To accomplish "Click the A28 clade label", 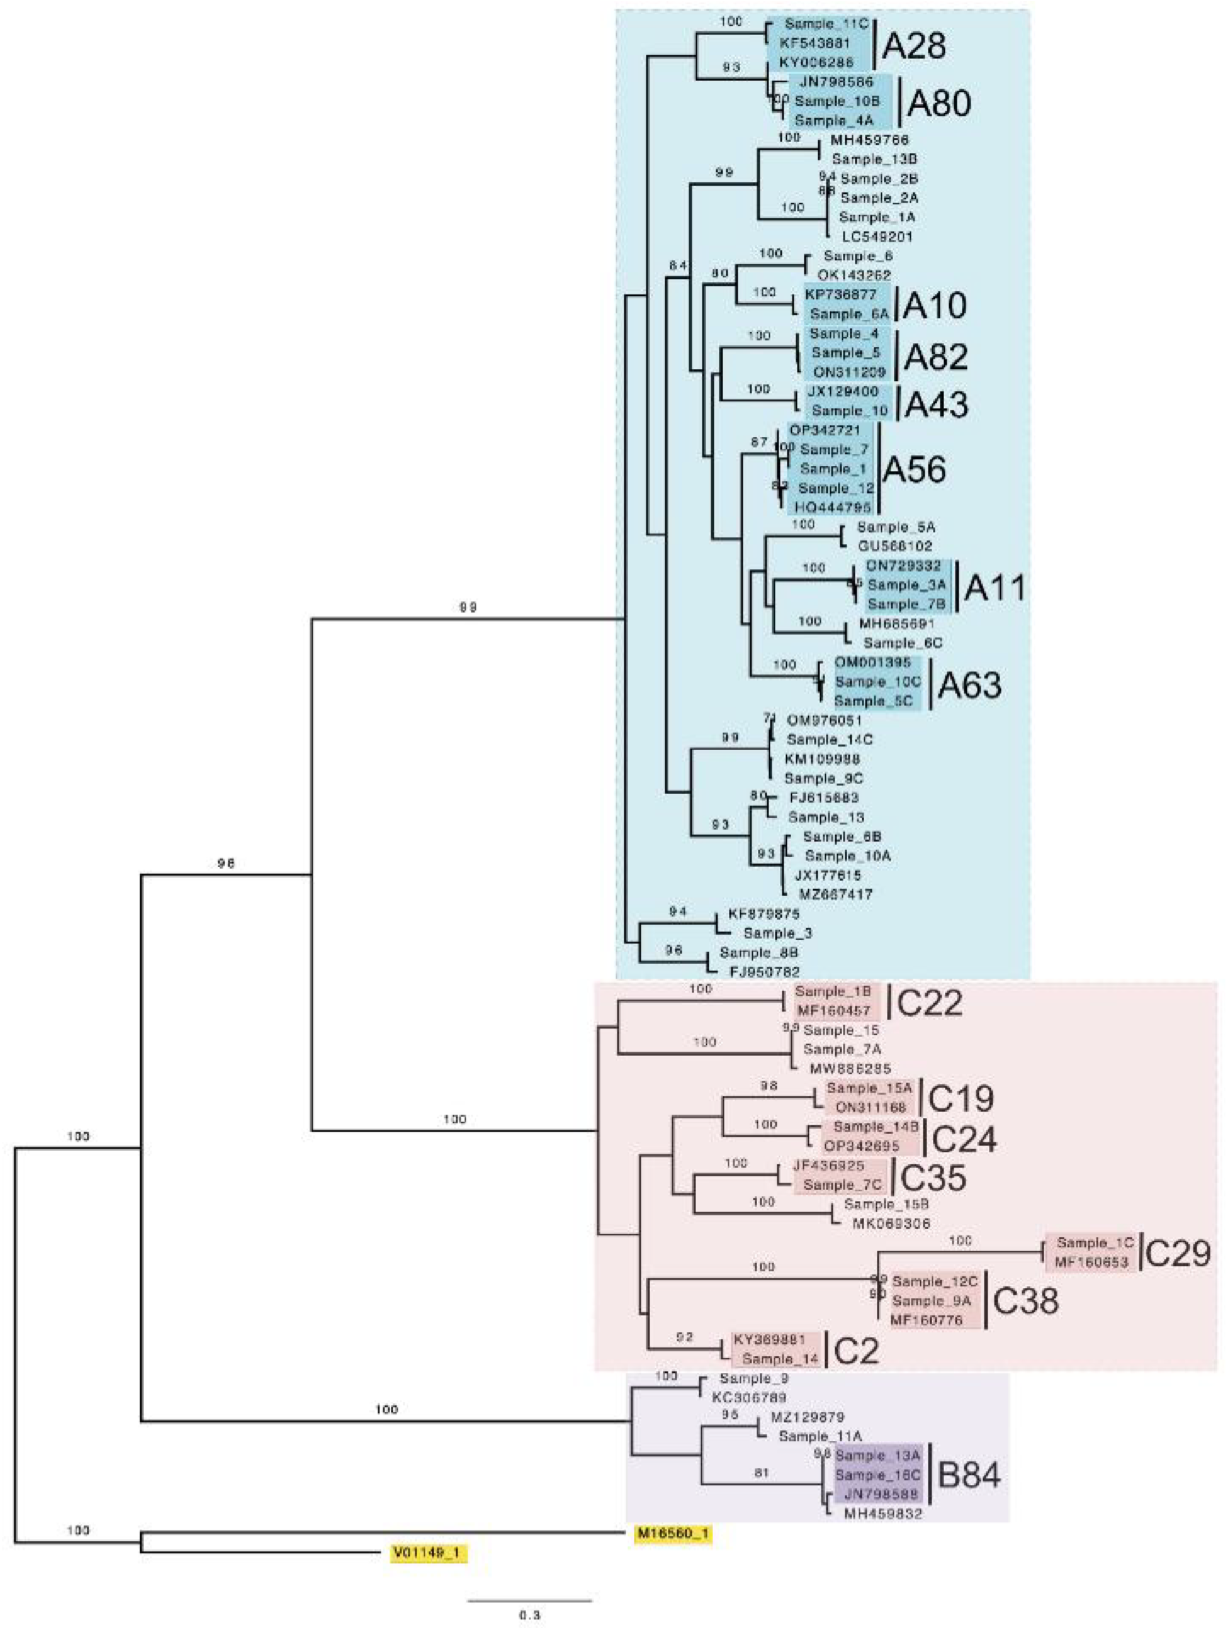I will pos(914,47).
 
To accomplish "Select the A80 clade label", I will pos(938,104).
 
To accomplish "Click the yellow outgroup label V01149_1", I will pos(428,1553).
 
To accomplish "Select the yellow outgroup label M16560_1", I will pos(673,1532).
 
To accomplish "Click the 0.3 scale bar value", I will pos(529,1615).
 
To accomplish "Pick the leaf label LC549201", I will pos(877,237).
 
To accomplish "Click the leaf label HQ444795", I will pos(833,507).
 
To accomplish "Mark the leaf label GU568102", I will pos(894,546).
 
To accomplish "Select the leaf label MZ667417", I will pos(836,895).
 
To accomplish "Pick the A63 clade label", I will pos(969,685).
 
